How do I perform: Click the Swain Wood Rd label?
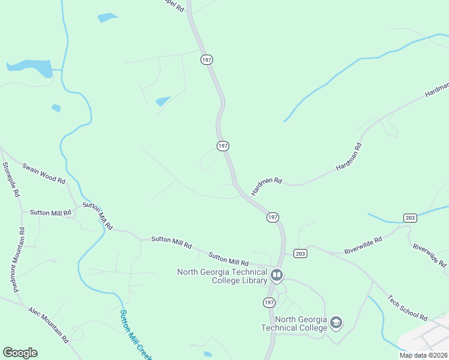(x=43, y=172)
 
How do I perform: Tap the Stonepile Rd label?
(x=11, y=181)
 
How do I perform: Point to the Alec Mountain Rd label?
(x=49, y=325)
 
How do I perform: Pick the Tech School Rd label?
(x=408, y=308)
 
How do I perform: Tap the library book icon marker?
(x=277, y=276)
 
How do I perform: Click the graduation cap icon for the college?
(x=336, y=323)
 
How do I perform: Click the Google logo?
(x=20, y=353)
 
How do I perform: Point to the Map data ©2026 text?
(x=423, y=355)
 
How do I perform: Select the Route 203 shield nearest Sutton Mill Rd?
(x=301, y=254)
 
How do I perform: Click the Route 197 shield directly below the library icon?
(x=268, y=301)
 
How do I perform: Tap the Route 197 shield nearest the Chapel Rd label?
(x=207, y=60)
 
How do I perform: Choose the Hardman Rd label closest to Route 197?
(x=267, y=185)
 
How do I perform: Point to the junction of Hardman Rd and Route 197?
(x=235, y=185)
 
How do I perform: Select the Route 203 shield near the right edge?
(x=410, y=218)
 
